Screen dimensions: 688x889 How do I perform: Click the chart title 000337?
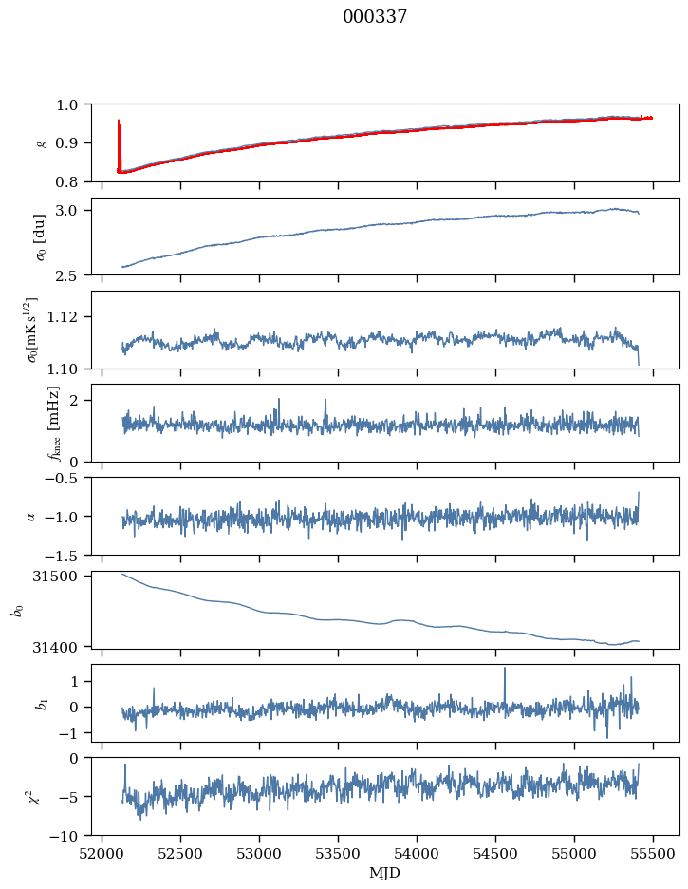375,16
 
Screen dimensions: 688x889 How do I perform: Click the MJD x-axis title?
384,873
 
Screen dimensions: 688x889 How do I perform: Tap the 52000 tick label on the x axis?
102,854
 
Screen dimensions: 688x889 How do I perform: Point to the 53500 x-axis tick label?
338,854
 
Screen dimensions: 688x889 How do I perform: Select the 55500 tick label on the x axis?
653,854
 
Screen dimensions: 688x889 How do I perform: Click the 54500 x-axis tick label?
495,854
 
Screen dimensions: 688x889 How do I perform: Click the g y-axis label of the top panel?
41,143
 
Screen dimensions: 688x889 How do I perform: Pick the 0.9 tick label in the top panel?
66,142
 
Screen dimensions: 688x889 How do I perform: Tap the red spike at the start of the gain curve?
119,144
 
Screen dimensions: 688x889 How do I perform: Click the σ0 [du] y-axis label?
40,237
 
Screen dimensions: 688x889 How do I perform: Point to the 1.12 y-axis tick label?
62,316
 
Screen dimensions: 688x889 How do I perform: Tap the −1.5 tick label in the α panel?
66,555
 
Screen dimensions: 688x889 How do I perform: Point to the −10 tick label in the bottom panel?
66,836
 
